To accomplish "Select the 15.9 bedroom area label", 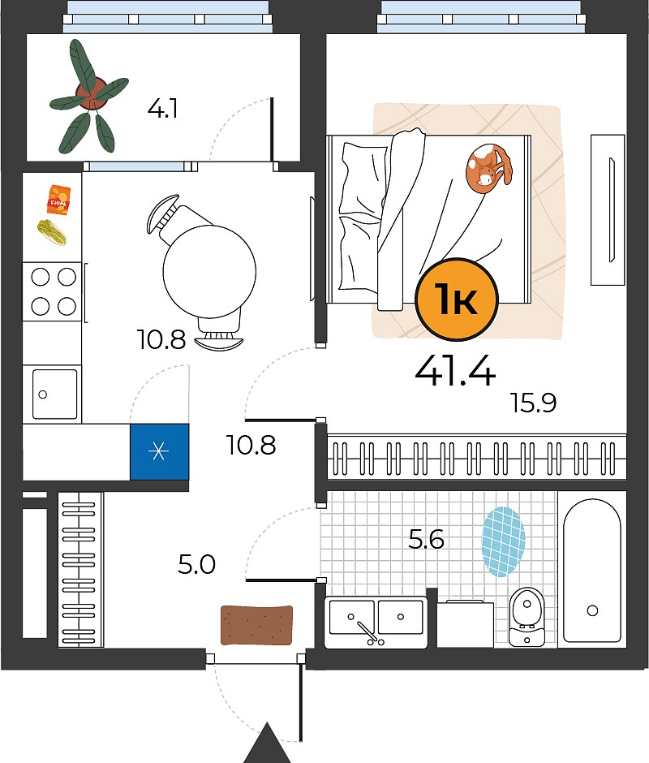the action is tap(533, 403).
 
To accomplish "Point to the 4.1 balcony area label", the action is tap(162, 109).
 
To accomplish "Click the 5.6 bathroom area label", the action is tap(426, 539).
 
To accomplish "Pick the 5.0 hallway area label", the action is tap(196, 565).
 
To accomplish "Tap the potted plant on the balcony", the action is tap(89, 96).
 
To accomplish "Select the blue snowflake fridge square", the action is tap(159, 451).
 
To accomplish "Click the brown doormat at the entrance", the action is tap(257, 625).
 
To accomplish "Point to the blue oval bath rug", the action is tap(504, 541).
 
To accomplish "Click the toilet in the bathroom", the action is tap(527, 617).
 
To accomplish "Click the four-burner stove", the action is tap(53, 291).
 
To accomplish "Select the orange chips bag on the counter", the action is tap(59, 200).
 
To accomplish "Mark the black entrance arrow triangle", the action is tap(266, 743).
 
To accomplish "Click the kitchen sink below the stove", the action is tap(54, 394).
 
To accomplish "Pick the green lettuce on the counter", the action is tap(52, 231).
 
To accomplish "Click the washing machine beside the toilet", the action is tap(465, 624).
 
